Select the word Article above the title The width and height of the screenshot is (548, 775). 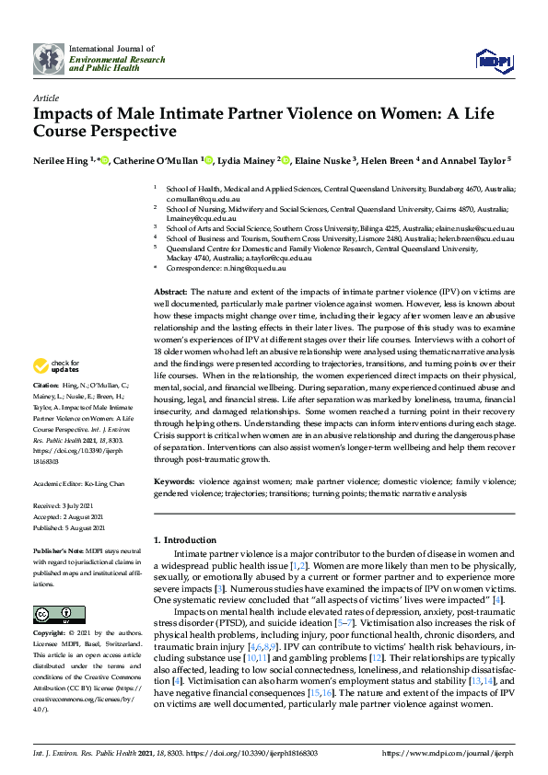tap(45, 98)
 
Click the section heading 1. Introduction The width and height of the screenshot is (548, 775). tap(185, 539)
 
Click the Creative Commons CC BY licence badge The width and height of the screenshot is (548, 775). tap(52, 614)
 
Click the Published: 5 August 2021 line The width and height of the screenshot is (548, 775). tap(72, 528)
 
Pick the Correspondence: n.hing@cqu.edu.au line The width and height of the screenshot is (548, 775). tap(225, 269)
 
